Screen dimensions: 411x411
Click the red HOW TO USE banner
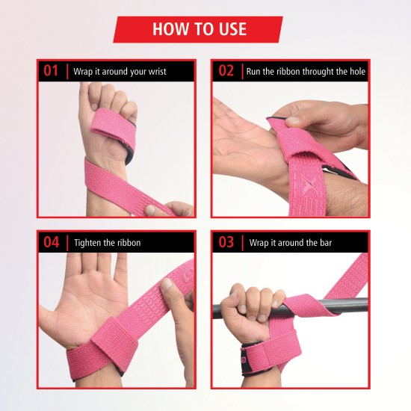tap(198, 30)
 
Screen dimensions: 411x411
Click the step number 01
tap(51, 72)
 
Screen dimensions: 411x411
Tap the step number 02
tap(226, 72)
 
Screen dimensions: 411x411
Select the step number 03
tap(226, 242)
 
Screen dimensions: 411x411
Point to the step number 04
tap(51, 242)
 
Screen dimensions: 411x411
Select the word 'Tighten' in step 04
tap(87, 243)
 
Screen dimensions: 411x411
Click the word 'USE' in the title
tap(226, 30)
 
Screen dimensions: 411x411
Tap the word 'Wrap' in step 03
tap(259, 243)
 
